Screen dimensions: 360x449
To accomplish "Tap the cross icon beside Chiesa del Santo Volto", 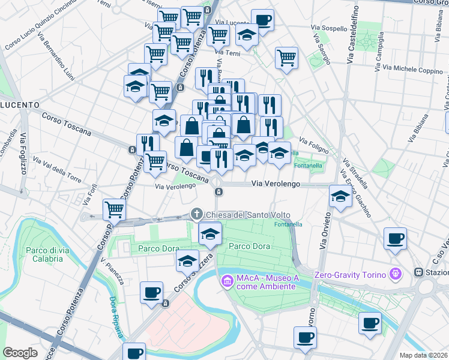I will (x=196, y=214).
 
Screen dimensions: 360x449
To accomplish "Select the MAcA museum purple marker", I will (x=227, y=280).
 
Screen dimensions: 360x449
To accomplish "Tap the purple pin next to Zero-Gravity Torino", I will (x=396, y=275).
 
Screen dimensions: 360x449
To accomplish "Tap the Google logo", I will (x=20, y=352).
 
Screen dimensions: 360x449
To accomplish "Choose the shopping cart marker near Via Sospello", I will (x=287, y=58).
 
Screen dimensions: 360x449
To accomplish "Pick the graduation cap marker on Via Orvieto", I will (x=340, y=196).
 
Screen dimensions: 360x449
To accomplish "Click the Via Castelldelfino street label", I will (x=352, y=34).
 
